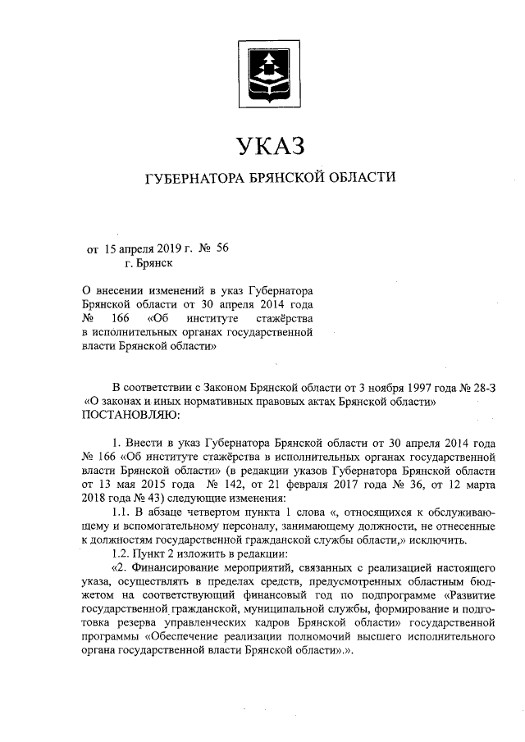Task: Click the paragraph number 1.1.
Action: click(121, 512)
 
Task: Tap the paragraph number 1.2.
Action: click(121, 553)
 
